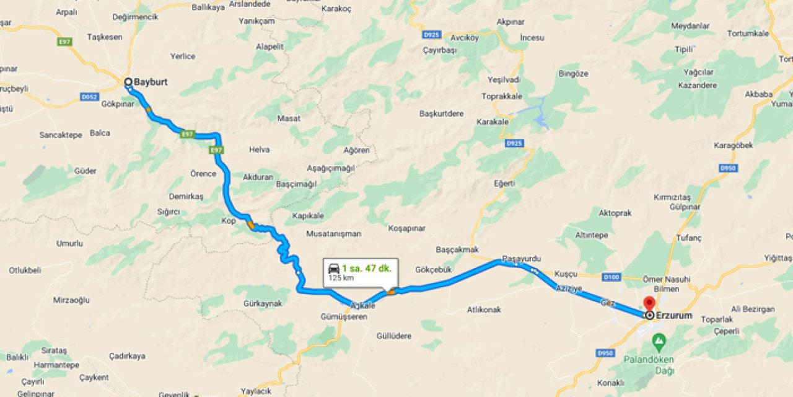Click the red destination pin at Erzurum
click(649, 304)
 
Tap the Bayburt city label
click(151, 82)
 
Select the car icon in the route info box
click(333, 269)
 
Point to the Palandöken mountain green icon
click(659, 341)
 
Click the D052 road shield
click(89, 97)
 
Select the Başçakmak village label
click(457, 249)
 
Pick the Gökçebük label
click(434, 269)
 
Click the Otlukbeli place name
click(25, 270)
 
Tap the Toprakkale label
click(502, 96)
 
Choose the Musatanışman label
click(334, 234)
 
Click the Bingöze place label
click(573, 73)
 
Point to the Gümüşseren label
click(344, 316)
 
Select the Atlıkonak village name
click(484, 309)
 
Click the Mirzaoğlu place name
click(71, 300)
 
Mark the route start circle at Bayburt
click(128, 82)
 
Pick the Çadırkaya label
click(127, 356)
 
